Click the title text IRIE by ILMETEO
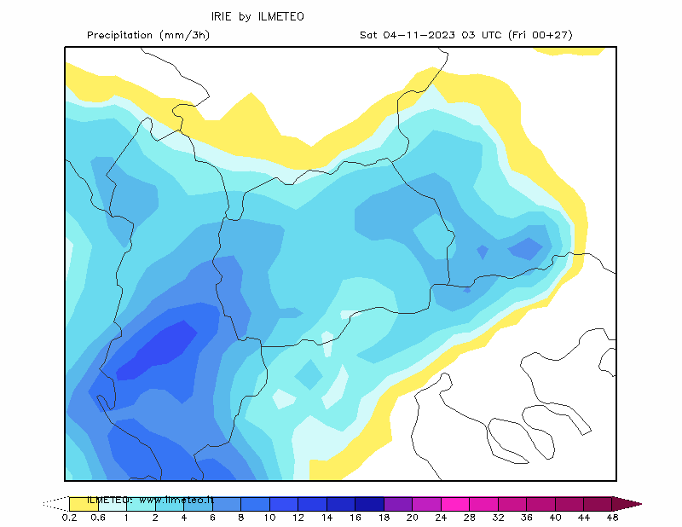pyautogui.click(x=257, y=16)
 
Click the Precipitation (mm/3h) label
pyautogui.click(x=148, y=35)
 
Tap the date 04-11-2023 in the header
pyautogui.click(x=419, y=35)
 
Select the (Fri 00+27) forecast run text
pyautogui.click(x=540, y=35)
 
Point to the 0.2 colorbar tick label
pyautogui.click(x=69, y=518)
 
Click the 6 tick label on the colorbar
pyautogui.click(x=212, y=518)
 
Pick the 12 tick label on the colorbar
pyautogui.click(x=298, y=518)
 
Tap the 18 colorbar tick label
pyautogui.click(x=384, y=518)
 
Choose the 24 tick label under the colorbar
pyautogui.click(x=441, y=518)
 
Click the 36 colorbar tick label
pyautogui.click(x=527, y=518)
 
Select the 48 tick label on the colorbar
pyautogui.click(x=612, y=518)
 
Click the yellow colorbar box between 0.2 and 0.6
pyautogui.click(x=84, y=504)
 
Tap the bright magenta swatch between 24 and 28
pyautogui.click(x=455, y=504)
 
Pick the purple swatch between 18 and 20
pyautogui.click(x=398, y=504)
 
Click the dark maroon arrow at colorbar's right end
pyautogui.click(x=627, y=504)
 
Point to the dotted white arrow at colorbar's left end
pyautogui.click(x=56, y=504)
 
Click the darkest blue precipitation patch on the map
pyautogui.click(x=159, y=350)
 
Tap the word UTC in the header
pyautogui.click(x=491, y=35)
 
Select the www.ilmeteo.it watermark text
pyautogui.click(x=176, y=500)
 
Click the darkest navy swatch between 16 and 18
pyautogui.click(x=369, y=504)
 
